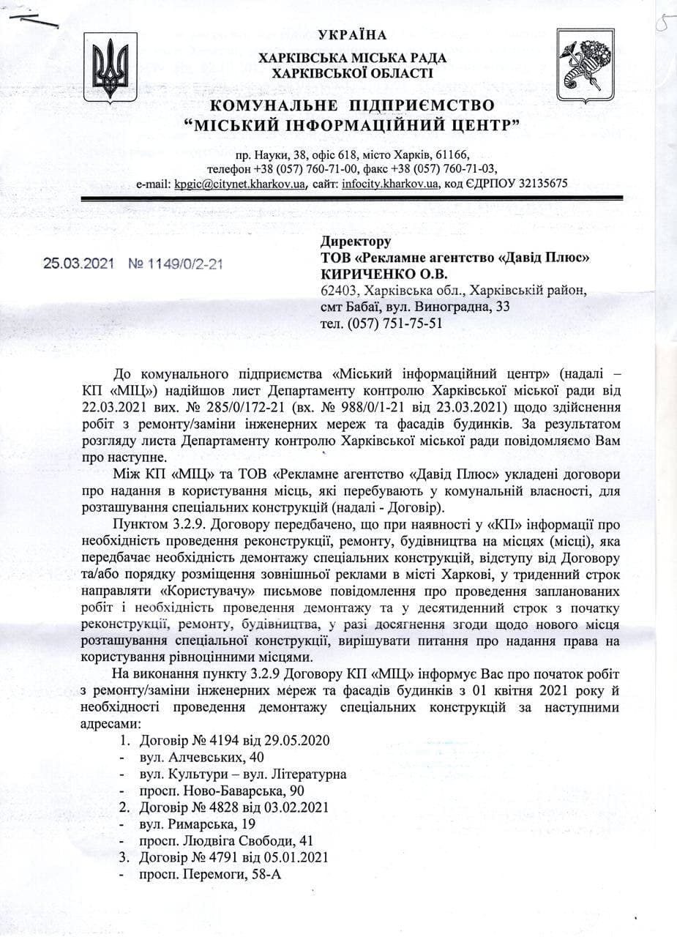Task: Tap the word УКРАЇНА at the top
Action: (353, 35)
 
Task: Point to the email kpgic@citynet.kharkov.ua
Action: (239, 184)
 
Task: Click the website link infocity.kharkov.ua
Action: (390, 184)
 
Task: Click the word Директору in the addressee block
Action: (356, 242)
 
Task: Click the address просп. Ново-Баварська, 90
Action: (221, 791)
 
